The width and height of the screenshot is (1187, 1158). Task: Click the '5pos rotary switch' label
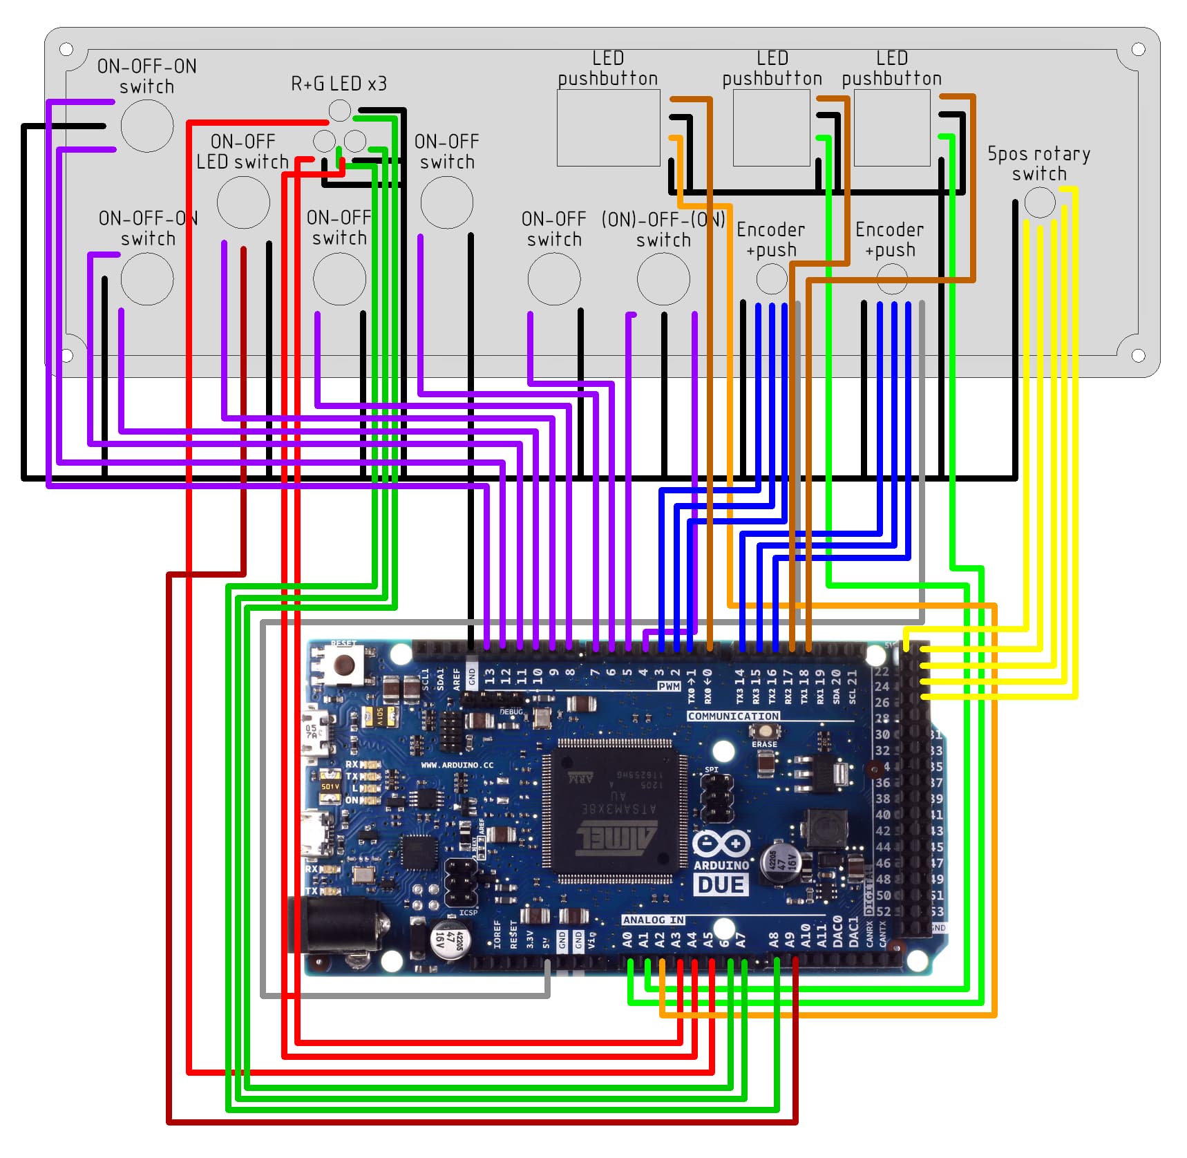pyautogui.click(x=1038, y=163)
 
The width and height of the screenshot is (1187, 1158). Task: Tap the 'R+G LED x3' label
pyautogui.click(x=339, y=84)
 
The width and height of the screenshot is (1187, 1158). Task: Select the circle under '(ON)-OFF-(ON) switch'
pyautogui.click(x=663, y=278)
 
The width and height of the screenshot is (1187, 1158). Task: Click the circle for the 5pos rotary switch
pyautogui.click(x=1039, y=202)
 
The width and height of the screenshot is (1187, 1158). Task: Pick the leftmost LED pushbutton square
pyautogui.click(x=608, y=128)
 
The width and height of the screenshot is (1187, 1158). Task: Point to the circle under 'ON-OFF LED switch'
pyautogui.click(x=243, y=202)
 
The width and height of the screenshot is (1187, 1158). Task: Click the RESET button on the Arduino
pyautogui.click(x=343, y=665)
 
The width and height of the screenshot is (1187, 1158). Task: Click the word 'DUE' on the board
pyautogui.click(x=721, y=885)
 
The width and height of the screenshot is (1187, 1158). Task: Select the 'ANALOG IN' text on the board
pyautogui.click(x=653, y=920)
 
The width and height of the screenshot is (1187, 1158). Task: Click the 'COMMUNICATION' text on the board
pyautogui.click(x=733, y=716)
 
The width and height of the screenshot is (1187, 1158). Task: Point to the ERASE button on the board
pyautogui.click(x=764, y=731)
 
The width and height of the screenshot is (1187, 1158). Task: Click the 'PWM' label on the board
pyautogui.click(x=669, y=686)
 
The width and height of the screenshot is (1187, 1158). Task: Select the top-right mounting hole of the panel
pyautogui.click(x=1138, y=49)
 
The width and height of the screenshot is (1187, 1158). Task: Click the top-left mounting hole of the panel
pyautogui.click(x=66, y=49)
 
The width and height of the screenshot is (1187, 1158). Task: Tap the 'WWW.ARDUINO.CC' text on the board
pyautogui.click(x=457, y=765)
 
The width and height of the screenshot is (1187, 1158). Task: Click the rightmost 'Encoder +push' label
pyautogui.click(x=889, y=239)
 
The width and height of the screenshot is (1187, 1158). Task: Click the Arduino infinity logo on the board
pyautogui.click(x=721, y=844)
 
